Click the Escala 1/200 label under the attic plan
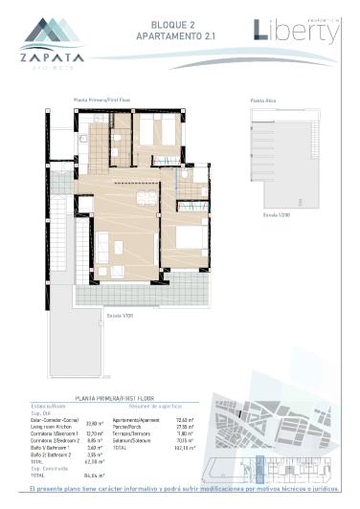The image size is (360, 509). tap(275, 214)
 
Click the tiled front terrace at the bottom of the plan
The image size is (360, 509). tap(144, 297)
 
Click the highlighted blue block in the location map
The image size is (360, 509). tap(259, 470)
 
